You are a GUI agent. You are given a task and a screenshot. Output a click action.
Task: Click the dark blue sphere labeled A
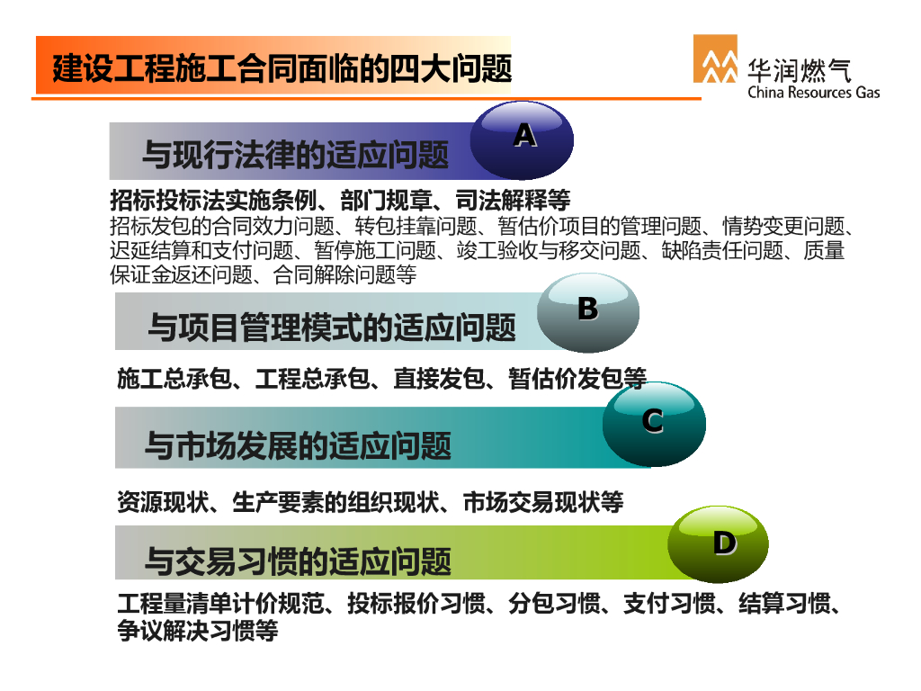coord(522,140)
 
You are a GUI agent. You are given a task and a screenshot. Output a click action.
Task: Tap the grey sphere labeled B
coord(588,312)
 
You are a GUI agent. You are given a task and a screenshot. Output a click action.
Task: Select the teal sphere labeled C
coord(654,425)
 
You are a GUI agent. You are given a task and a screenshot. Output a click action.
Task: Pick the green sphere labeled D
coord(718,543)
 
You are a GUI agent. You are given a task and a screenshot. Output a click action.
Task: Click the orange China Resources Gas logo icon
coord(715,58)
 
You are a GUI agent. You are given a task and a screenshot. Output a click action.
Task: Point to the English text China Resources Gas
coord(813,93)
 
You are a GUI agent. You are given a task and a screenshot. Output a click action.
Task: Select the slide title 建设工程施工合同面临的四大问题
coord(282,68)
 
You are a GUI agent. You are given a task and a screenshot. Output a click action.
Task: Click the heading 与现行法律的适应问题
coord(295,155)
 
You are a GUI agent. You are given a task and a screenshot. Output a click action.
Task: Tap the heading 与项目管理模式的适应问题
coord(332,328)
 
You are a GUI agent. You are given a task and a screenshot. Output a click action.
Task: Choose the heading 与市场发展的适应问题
coord(298,445)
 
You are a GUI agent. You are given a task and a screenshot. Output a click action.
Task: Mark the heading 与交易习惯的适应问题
coord(298,561)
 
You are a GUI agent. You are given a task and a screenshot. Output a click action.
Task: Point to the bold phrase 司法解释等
coord(513,201)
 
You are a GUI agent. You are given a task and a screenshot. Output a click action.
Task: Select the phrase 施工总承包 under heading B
coord(174,379)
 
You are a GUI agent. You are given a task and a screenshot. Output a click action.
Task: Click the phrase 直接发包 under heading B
coord(439,379)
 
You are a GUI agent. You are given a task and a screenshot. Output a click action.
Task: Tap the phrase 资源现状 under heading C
coord(163,502)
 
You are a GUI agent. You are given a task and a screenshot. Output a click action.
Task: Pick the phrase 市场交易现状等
coord(543,502)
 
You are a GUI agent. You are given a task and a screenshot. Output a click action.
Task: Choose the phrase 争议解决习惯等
coord(197,631)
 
